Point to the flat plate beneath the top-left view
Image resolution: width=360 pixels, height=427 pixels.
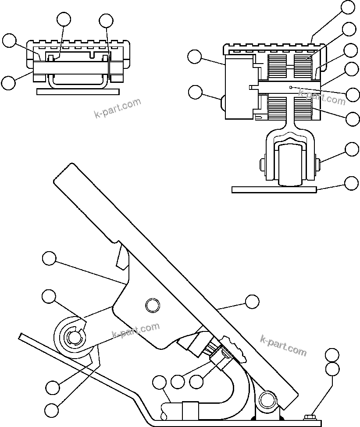(x=78, y=92)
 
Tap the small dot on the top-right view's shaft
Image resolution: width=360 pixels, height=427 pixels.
(x=291, y=88)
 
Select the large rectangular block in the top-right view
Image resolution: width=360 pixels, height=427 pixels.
(x=239, y=87)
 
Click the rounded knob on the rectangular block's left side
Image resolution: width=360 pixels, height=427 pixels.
(x=222, y=104)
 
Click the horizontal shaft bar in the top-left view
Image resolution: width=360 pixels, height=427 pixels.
(x=70, y=67)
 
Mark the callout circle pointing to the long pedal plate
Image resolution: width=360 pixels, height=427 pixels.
(x=252, y=301)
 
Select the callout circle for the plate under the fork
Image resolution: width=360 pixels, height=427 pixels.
(x=352, y=183)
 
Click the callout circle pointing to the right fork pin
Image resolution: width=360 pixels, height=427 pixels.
(x=352, y=149)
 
